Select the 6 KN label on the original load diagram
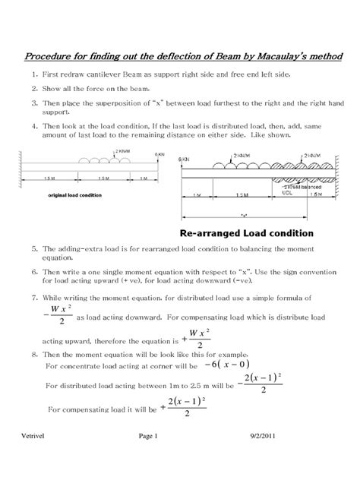pos(159,155)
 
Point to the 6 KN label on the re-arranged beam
pos(184,160)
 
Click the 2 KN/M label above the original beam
pos(120,151)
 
